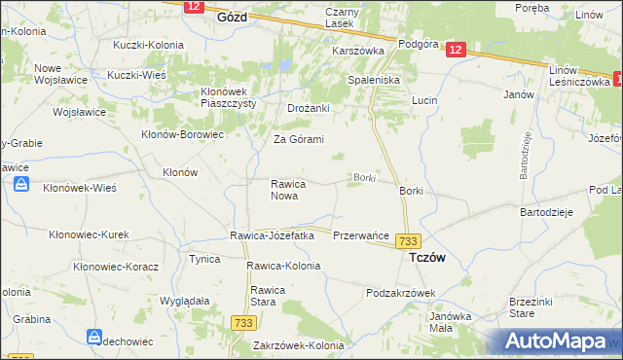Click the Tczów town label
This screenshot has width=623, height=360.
click(x=428, y=258)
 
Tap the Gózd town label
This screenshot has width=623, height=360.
click(x=232, y=18)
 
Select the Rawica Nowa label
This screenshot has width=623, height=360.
click(x=289, y=190)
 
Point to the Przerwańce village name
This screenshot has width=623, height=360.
click(x=361, y=235)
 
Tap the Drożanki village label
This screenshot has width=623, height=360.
click(x=309, y=108)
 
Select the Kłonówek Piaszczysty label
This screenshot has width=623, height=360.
click(x=234, y=98)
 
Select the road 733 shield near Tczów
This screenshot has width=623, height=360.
click(x=409, y=241)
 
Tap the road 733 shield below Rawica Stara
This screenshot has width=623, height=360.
click(x=243, y=321)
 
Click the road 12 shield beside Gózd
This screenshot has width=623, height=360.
click(x=193, y=6)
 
